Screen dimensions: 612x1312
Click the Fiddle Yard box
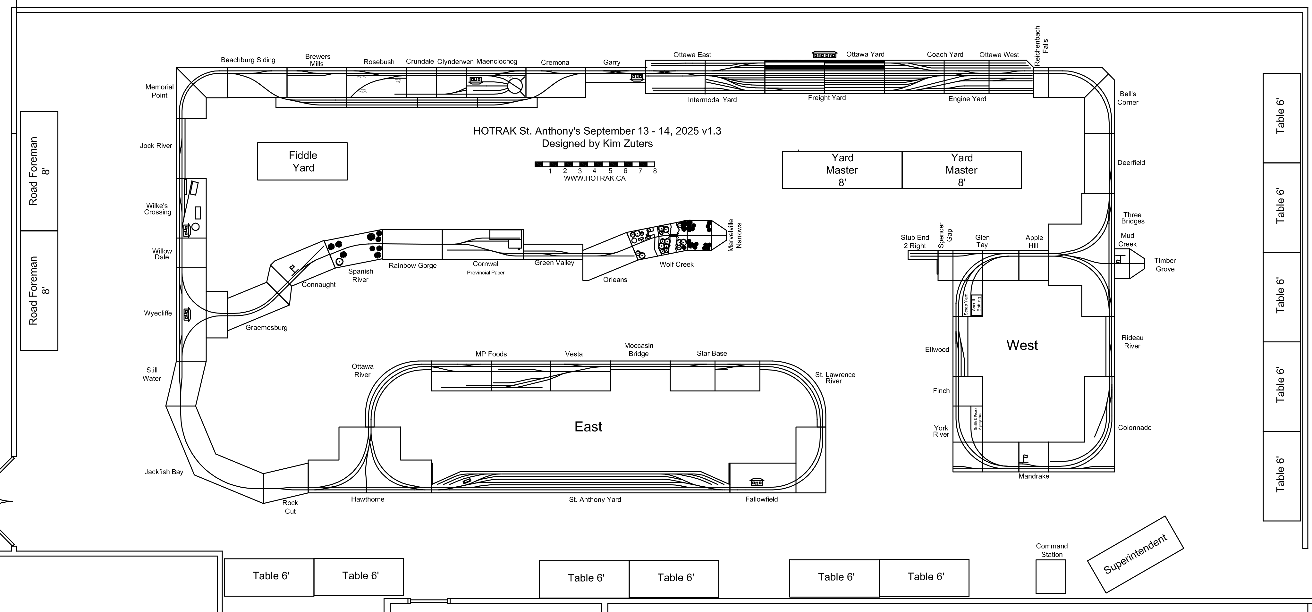pos(302,161)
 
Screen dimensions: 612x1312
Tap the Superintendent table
pos(1135,555)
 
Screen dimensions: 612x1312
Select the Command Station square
pos(1051,576)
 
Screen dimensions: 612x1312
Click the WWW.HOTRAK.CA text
pos(594,179)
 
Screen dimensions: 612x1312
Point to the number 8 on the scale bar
pos(655,171)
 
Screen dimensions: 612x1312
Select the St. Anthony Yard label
pos(595,499)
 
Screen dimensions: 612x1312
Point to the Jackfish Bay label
pos(164,472)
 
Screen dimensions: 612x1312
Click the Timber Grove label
pos(1165,265)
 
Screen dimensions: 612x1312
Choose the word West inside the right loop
pos(1022,345)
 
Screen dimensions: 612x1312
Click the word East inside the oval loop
pos(588,427)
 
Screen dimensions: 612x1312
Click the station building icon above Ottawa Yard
pos(824,54)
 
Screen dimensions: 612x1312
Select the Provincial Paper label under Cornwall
pos(485,273)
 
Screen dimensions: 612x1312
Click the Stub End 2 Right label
pos(915,241)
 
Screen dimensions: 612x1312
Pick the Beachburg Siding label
pos(248,60)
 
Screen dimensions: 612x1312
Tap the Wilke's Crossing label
pos(157,209)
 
